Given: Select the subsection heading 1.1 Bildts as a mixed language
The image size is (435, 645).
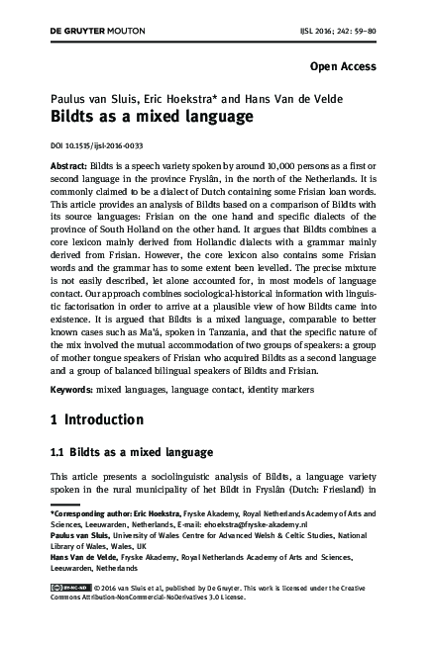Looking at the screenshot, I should [x=132, y=453].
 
